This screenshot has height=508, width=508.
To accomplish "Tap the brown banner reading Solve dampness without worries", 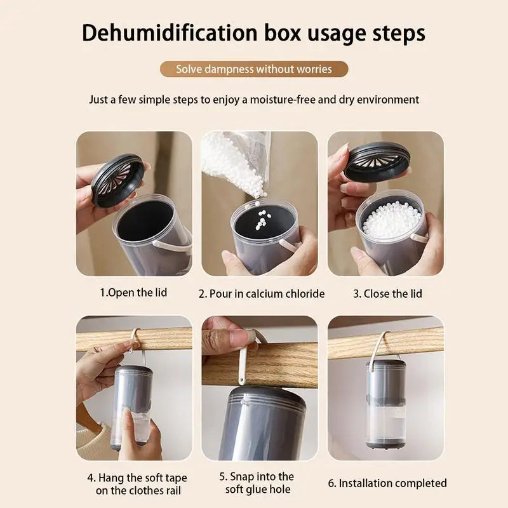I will pyautogui.click(x=254, y=69).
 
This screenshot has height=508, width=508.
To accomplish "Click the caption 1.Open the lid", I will pyautogui.click(x=133, y=293).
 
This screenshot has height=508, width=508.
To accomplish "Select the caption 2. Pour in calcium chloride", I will pyautogui.click(x=261, y=293).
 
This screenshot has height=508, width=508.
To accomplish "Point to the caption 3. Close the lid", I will pyautogui.click(x=387, y=293).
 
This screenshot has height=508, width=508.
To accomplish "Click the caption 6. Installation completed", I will pyautogui.click(x=387, y=483).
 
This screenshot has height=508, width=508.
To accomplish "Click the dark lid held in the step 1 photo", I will pyautogui.click(x=117, y=179).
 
